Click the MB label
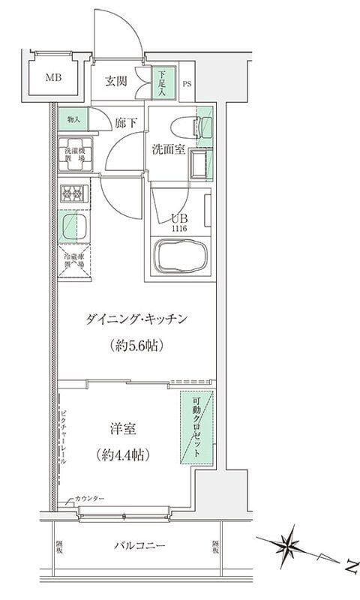(x=53, y=78)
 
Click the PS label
(x=187, y=84)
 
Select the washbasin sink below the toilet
(x=199, y=163)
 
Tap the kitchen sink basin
(x=73, y=225)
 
